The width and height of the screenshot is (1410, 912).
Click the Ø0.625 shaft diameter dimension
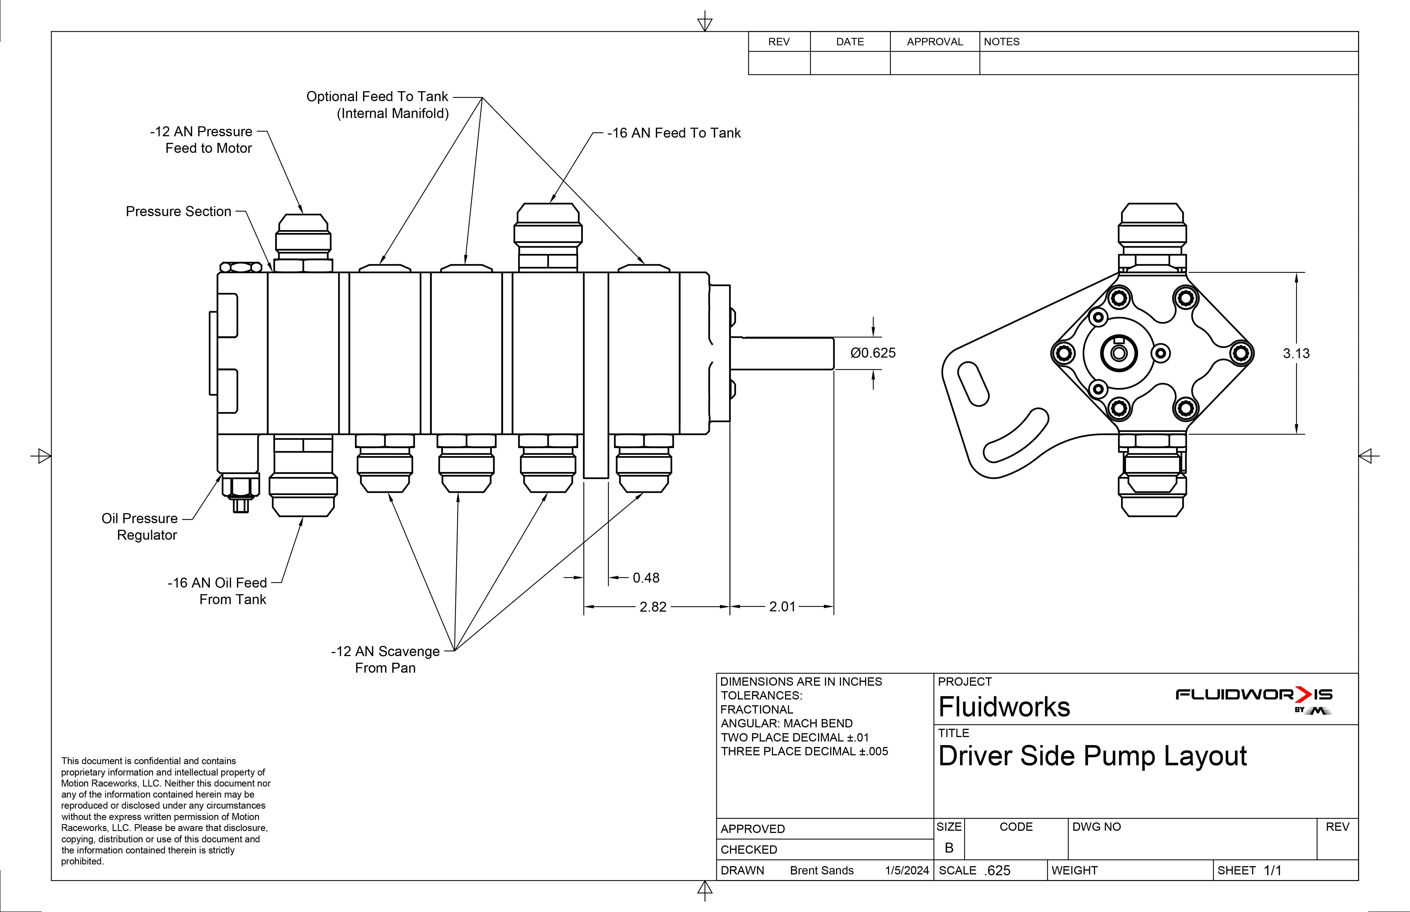tap(873, 353)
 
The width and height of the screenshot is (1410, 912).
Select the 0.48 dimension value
tap(646, 577)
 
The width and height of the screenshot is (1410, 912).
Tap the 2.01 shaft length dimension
tap(782, 606)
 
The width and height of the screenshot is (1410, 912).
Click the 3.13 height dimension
tap(1296, 353)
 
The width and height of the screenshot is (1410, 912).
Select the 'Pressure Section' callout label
tap(178, 211)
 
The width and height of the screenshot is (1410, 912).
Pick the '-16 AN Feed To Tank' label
tap(673, 133)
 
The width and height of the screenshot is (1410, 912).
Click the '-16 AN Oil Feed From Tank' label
tap(217, 591)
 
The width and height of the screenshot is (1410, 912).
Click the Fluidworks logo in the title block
tap(1254, 699)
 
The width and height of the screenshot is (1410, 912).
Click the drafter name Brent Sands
tap(822, 871)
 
